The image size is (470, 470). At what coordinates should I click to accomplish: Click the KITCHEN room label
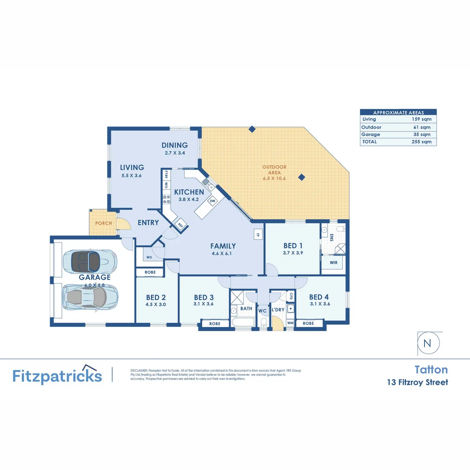pos(189,192)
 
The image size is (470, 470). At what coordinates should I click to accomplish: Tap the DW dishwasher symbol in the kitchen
pos(213,201)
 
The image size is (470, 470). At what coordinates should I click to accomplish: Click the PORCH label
pos(104,223)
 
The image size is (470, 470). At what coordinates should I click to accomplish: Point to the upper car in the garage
pos(90,262)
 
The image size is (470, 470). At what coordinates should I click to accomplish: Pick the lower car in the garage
pos(90,297)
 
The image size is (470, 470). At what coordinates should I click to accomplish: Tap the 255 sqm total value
pos(421,142)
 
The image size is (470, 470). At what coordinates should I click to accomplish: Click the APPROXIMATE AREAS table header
pos(398,113)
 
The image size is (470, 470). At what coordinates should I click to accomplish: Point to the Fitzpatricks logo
pos(57,375)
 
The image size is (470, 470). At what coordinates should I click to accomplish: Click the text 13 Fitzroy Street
pos(417,383)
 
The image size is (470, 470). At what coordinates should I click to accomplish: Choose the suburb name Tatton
pos(431,369)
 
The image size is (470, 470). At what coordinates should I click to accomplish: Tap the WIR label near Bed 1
pos(334,263)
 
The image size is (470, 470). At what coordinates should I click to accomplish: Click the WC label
pos(262,311)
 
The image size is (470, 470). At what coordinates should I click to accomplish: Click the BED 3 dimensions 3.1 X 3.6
pos(204,304)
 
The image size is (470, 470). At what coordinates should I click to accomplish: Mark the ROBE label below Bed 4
pos(309,323)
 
